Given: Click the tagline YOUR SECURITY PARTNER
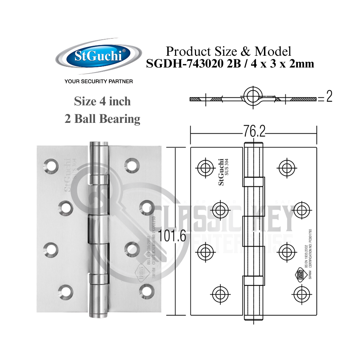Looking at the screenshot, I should pos(99,81).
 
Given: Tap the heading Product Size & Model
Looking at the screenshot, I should pos(229,51).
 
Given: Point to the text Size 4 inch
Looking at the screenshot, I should pos(102,101).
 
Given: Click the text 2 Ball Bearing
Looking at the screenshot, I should pos(102,119).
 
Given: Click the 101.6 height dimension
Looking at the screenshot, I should pos(172,236).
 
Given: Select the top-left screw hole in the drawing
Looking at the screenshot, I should pos(204,166).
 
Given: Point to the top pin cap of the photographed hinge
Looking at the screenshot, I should pos(98,146).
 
